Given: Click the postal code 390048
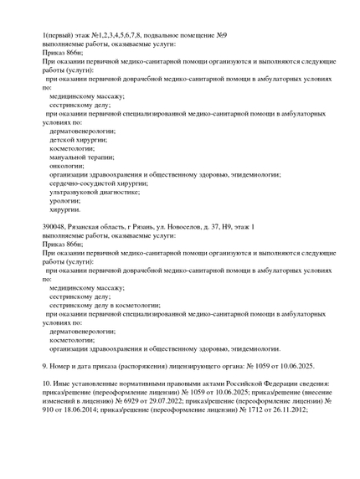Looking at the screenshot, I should pyautogui.click(x=57, y=228).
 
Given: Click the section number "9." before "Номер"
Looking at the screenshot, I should pyautogui.click(x=45, y=366).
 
